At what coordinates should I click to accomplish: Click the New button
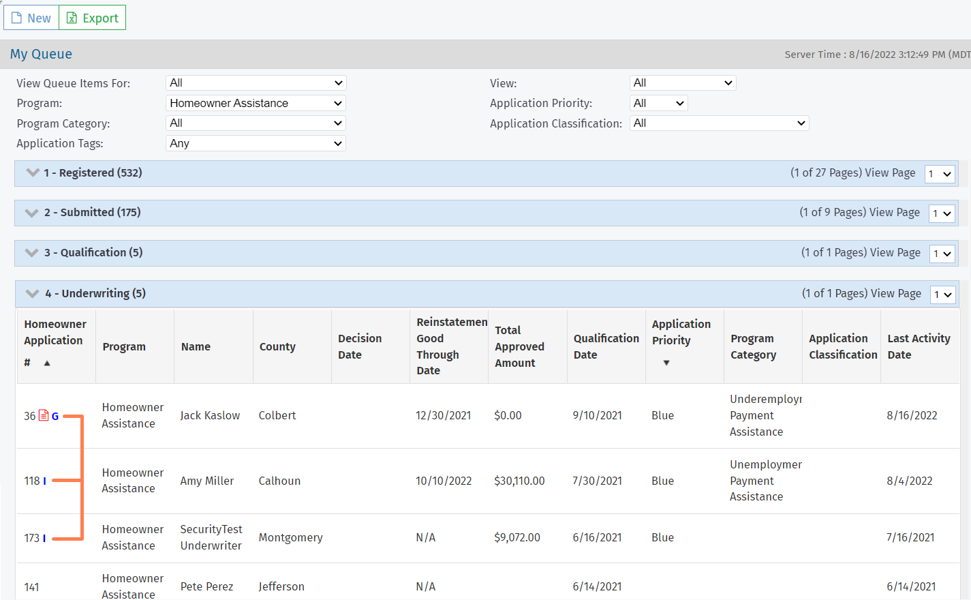[x=31, y=18]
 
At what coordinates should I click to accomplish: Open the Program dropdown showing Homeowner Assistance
[x=256, y=103]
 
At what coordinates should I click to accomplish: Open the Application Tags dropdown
[x=256, y=144]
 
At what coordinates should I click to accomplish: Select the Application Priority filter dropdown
[x=658, y=103]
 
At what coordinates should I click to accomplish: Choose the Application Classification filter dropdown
[x=719, y=123]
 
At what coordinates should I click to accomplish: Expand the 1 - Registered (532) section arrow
[x=33, y=172]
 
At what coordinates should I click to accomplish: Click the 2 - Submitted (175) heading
[x=93, y=213]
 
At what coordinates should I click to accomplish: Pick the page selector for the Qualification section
[x=942, y=254]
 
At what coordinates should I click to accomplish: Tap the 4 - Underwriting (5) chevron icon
[x=32, y=294]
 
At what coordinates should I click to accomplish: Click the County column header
[x=277, y=346]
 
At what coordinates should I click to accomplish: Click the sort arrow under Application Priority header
[x=666, y=363]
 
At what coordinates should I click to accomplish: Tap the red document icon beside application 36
[x=44, y=416]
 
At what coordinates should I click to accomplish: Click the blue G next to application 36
[x=55, y=417]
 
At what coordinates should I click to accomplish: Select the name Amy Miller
[x=206, y=481]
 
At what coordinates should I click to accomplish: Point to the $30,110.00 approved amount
[x=519, y=481]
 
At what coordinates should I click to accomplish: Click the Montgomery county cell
[x=291, y=537]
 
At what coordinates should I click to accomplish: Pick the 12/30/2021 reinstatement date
[x=444, y=416]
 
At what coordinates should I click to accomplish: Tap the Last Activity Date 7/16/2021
[x=910, y=537]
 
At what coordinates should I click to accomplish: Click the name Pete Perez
[x=206, y=586]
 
